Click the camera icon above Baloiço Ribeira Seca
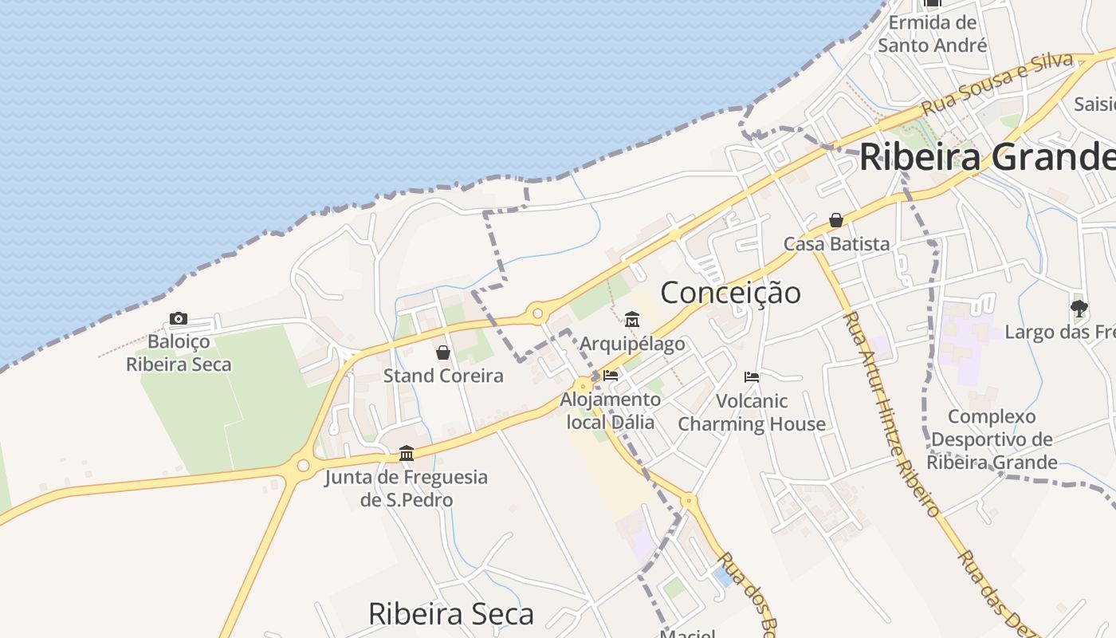pos(179,319)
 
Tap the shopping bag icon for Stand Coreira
pos(443,352)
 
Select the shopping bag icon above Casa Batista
pos(836,220)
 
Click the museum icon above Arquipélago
pos(632,320)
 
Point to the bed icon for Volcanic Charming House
pos(752,377)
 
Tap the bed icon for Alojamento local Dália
pos(611,375)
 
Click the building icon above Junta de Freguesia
pos(407,454)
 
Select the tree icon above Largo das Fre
pos(1079,308)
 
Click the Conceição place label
pos(730,293)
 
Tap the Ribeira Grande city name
pos(987,157)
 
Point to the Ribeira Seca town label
pos(450,614)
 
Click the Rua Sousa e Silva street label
pos(996,82)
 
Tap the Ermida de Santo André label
pos(933,34)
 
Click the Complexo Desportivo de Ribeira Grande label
pos(992,439)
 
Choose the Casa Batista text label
pos(836,244)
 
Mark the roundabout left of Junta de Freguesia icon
pos(303,465)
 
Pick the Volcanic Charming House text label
pos(752,412)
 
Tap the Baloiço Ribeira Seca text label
pos(179,353)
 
